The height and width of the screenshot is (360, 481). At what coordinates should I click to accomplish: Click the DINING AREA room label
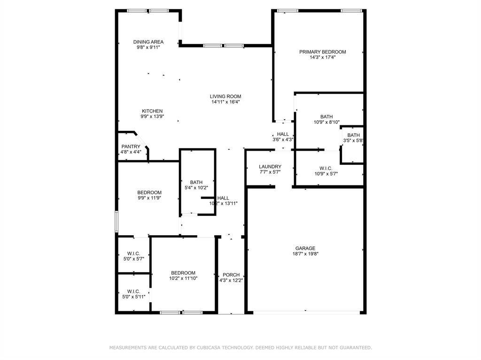[x=148, y=42]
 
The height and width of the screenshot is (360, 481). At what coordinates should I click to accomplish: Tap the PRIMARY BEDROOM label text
[x=322, y=52]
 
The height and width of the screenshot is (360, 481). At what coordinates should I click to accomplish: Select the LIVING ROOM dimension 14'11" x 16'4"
[x=225, y=102]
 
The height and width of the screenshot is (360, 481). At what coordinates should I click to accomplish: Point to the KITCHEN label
[x=152, y=111]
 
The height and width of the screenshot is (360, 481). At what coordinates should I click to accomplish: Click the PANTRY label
[x=131, y=146]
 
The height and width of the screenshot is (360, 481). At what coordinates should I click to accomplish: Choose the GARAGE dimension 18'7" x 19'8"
[x=305, y=253]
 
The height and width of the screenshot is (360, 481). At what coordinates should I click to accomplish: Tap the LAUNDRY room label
[x=270, y=167]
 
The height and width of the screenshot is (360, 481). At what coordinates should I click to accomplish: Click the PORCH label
[x=231, y=275]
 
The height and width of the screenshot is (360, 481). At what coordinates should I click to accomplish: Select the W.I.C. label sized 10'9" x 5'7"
[x=326, y=169]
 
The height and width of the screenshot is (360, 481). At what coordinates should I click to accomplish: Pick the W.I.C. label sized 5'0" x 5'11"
[x=133, y=291]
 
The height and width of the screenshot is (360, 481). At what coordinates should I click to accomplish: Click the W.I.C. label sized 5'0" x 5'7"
[x=133, y=253]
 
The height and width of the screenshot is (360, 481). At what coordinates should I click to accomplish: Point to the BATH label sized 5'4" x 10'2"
[x=196, y=182]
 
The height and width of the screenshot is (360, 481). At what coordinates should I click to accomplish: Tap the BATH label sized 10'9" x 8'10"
[x=326, y=116]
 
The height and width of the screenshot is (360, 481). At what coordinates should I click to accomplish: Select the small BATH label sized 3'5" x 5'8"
[x=353, y=135]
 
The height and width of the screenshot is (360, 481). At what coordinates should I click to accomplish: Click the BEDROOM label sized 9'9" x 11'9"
[x=149, y=192]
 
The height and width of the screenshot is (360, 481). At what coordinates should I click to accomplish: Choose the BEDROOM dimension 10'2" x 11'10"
[x=183, y=278]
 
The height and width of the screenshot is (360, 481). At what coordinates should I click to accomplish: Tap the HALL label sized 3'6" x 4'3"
[x=283, y=134]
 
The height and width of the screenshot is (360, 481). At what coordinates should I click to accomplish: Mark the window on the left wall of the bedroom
[x=116, y=221]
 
